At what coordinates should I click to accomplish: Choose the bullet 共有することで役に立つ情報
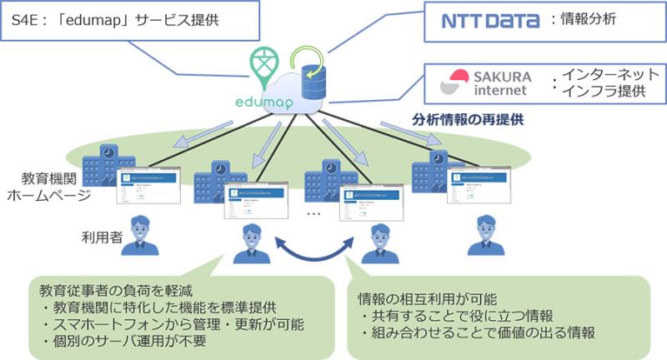459,317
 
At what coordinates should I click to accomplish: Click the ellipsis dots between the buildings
313,213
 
